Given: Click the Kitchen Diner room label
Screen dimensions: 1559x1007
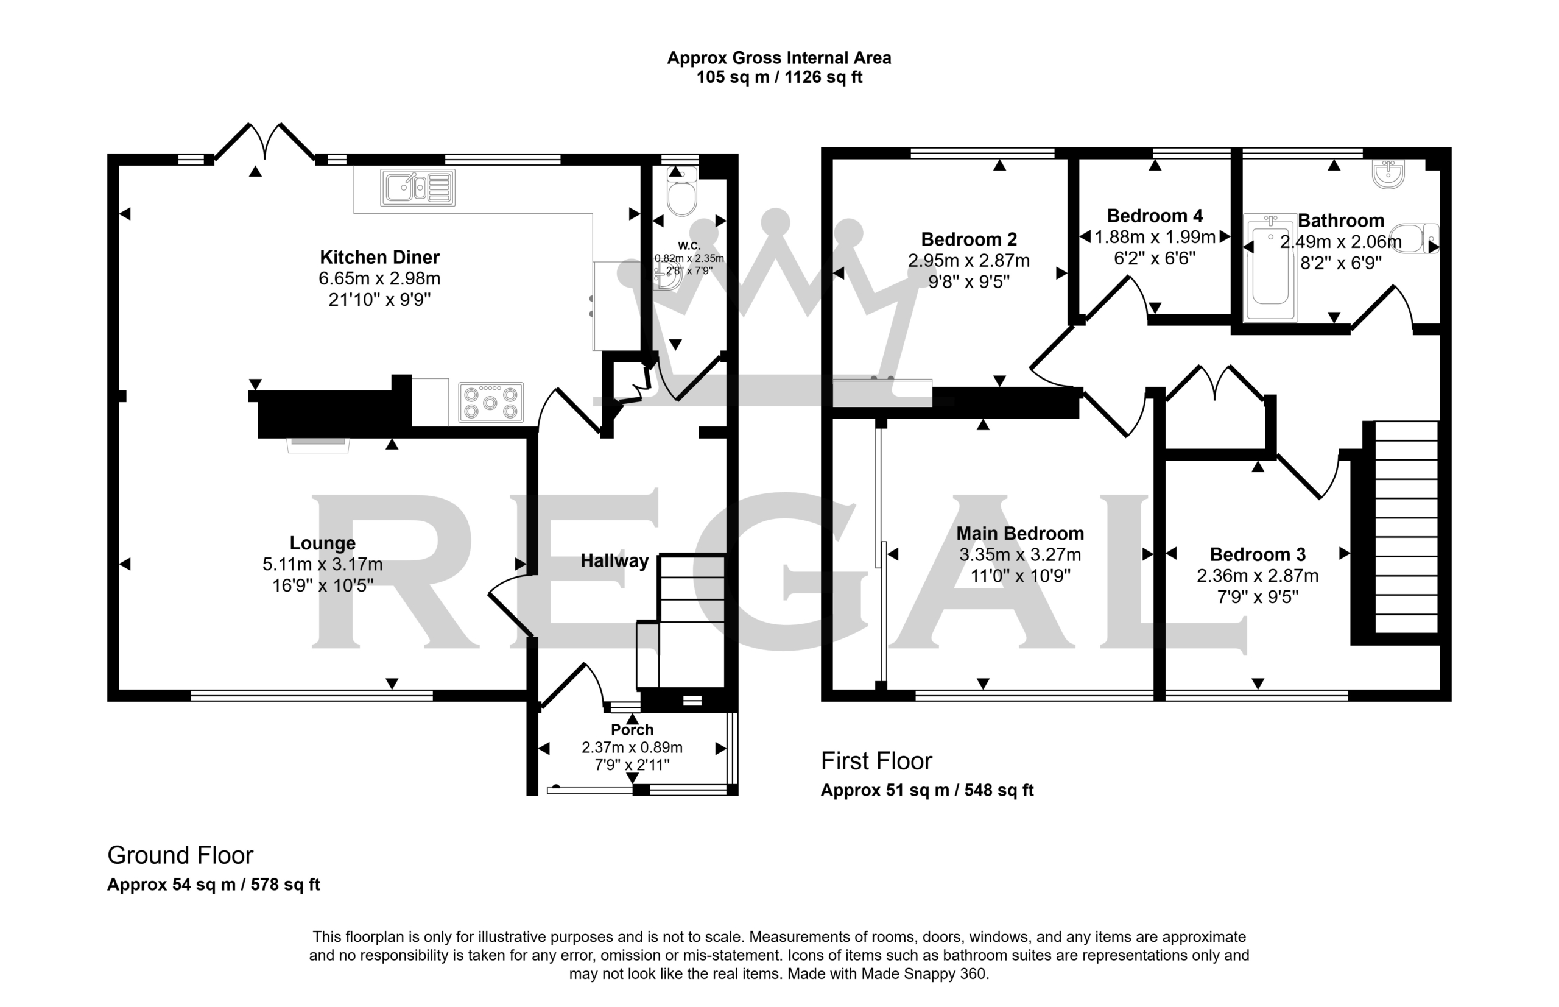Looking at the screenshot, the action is coord(379,257).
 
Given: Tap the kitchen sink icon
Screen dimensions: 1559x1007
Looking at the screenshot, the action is coord(417,188).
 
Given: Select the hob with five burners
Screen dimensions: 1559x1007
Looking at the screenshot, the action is coord(490,402).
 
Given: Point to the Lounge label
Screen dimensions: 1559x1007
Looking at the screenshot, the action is coord(322,543).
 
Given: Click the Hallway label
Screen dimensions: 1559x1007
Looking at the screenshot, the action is coord(614,561).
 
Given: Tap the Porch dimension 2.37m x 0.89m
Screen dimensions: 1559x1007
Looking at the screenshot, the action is coord(632,747).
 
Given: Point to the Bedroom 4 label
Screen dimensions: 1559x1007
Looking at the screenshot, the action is coord(1155,216).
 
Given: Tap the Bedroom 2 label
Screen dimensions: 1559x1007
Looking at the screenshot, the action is coord(969,239).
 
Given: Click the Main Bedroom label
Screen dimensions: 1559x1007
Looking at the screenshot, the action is coord(1019,534).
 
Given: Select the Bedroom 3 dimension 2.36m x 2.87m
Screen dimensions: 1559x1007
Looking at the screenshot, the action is coord(1257,576).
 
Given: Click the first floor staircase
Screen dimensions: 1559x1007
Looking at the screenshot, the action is coord(1407,527).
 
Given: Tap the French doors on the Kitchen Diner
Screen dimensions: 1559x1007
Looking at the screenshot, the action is coord(265,141).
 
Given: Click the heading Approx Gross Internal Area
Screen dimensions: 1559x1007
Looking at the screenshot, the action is coord(778,58).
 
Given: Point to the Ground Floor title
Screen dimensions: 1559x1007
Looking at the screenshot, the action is coord(180,855).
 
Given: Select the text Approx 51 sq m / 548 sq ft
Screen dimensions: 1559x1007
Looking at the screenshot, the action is coord(927,791).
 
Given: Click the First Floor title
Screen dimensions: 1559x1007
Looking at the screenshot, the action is coord(876,761).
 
